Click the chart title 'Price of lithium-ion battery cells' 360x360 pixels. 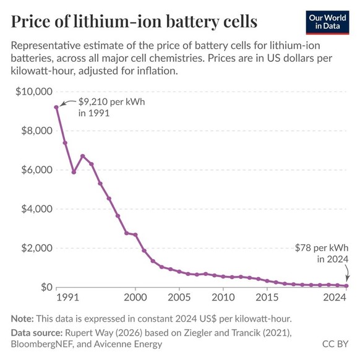(x=134, y=22)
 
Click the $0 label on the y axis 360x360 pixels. (x=43, y=287)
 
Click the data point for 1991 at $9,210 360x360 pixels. (x=57, y=107)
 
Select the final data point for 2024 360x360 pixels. (x=346, y=286)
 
